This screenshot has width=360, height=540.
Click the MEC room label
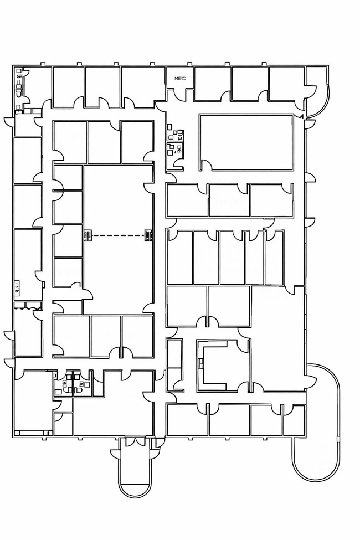pyautogui.click(x=180, y=79)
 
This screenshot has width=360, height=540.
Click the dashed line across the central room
pyautogui.click(x=118, y=235)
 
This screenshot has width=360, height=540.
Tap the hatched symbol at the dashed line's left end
pyautogui.click(x=88, y=236)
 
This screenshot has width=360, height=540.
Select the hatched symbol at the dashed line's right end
pyautogui.click(x=149, y=236)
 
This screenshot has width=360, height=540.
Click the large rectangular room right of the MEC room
pyautogui.click(x=246, y=142)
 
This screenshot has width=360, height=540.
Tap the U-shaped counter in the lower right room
pyautogui.click(x=220, y=365)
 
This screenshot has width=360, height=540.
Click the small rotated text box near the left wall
pyautogui.click(x=17, y=288)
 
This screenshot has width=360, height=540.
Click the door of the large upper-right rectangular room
pyautogui.click(x=207, y=164)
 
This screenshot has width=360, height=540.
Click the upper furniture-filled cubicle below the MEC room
pyautogui.click(x=175, y=132)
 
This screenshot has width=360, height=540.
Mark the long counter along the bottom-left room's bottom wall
pyautogui.click(x=33, y=432)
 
